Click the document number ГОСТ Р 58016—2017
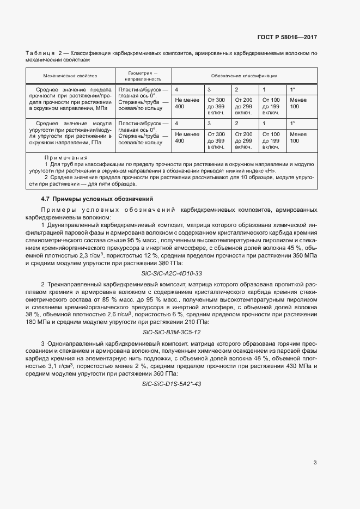click(x=287, y=38)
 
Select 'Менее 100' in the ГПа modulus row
click(x=298, y=137)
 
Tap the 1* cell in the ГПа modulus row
click(x=292, y=124)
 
